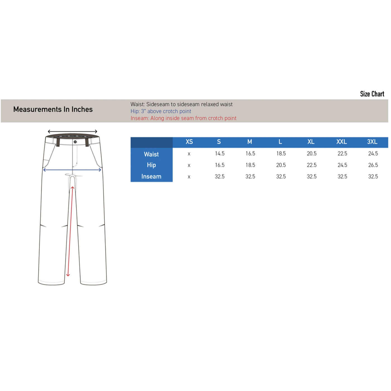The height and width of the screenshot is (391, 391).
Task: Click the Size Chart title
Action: tap(372, 94)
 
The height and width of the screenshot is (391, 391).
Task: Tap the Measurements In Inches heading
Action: tap(53, 109)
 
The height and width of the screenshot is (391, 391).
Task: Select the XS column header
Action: tap(189, 142)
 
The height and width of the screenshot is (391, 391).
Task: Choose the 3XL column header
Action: tap(372, 142)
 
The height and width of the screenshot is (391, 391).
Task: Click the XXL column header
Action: tap(342, 142)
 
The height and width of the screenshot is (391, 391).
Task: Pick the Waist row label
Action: tap(151, 154)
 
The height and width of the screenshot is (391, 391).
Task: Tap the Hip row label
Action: tap(151, 165)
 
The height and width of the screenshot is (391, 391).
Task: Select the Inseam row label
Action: tap(151, 177)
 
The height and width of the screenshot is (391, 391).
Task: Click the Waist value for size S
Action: tap(220, 153)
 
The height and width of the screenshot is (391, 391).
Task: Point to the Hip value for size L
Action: tap(281, 165)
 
